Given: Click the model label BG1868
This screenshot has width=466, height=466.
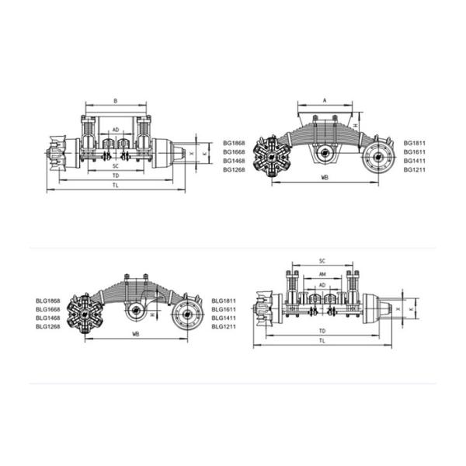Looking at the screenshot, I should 234,143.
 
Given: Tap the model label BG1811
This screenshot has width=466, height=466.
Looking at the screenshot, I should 415,143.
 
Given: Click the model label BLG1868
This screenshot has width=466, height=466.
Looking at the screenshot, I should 48,301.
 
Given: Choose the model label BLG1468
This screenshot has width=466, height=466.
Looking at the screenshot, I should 48,318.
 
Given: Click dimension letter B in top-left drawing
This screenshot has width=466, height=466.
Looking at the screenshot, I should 115,101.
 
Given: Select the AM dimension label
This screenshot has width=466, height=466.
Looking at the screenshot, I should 322,275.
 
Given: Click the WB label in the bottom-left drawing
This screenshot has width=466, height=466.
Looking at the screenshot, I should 135,335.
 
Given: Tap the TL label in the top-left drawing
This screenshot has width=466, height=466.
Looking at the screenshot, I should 115,186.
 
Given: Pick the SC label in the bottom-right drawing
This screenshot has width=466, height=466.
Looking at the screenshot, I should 322,261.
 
